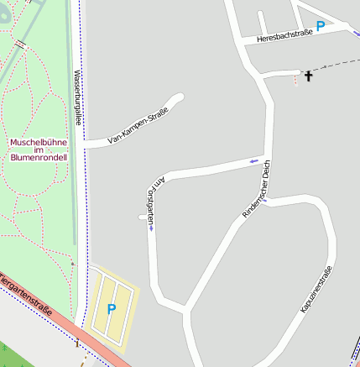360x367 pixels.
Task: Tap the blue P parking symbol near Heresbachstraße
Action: click(x=320, y=27)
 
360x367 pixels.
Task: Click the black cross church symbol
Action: click(x=308, y=76)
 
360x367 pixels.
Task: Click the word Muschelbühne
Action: click(x=38, y=142)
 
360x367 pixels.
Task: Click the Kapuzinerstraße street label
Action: click(x=316, y=290)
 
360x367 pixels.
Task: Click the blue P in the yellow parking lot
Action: click(x=112, y=310)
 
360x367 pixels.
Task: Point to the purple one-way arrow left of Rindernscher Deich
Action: click(x=253, y=160)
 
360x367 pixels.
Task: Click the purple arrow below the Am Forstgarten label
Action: click(x=151, y=227)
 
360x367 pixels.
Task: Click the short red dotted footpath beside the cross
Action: click(x=295, y=80)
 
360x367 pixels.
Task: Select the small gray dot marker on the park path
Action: click(x=72, y=264)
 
